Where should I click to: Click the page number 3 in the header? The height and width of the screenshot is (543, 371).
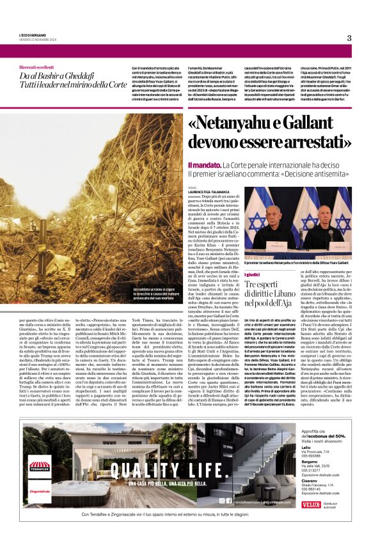[349, 38]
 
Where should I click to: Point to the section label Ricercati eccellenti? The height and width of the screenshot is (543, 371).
[38, 67]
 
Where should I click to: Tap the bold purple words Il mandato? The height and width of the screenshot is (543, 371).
[204, 166]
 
